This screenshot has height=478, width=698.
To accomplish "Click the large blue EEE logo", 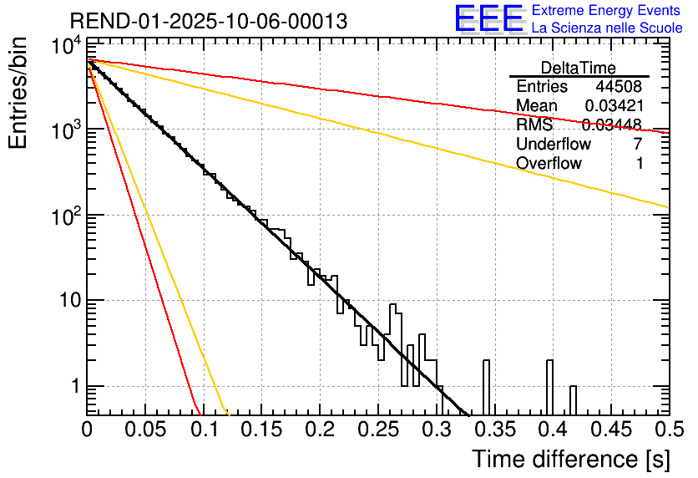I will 488,19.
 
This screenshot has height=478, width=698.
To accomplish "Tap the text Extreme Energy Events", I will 607,11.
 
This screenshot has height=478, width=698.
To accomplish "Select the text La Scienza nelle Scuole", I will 607,28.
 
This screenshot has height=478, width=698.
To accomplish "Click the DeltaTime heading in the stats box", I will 579,68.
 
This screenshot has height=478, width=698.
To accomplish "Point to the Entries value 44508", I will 618,87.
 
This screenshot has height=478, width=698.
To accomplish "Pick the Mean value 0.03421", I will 613,106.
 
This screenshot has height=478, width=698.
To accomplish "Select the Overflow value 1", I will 640,164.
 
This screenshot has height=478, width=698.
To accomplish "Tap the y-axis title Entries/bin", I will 18,92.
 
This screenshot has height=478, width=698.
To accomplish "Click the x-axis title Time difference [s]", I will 569,459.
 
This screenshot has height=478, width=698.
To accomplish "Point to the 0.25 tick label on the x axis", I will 377,430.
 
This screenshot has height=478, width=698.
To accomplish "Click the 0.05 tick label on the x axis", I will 145,430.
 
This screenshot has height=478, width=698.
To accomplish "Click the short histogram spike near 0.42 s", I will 573,399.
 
